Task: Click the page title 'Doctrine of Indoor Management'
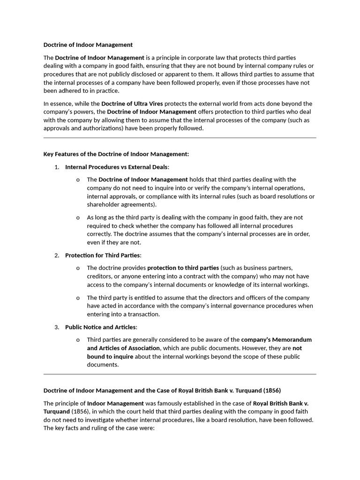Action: tap(88, 45)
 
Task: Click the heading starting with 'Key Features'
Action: tap(116, 154)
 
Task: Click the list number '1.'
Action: tap(56, 167)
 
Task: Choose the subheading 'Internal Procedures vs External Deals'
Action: tap(116, 167)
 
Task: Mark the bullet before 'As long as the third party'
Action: tap(78, 217)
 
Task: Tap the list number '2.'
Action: tap(56, 255)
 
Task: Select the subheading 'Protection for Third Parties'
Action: tap(103, 255)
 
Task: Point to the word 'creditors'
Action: tap(98, 277)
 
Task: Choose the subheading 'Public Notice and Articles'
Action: tap(101, 327)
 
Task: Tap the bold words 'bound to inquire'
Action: tap(110, 357)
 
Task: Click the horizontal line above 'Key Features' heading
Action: tap(180, 138)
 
